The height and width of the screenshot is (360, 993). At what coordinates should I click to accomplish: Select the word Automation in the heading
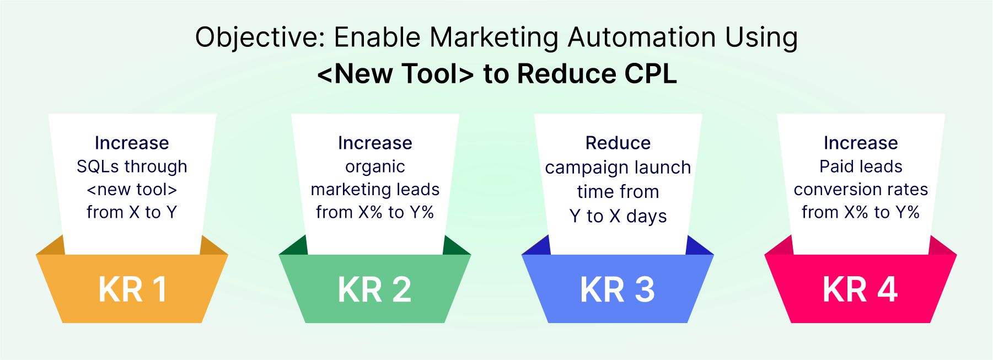641,37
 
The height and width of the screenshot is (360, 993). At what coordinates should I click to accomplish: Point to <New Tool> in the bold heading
395,74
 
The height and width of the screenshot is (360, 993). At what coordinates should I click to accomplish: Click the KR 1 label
132,289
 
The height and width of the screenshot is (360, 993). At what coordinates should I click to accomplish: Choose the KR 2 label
375,289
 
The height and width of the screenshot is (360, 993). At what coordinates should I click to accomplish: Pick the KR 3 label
618,289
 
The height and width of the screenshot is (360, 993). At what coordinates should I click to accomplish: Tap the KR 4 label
860,289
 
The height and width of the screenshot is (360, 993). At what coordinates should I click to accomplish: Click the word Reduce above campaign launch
618,143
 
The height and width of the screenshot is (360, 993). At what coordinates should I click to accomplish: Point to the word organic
375,167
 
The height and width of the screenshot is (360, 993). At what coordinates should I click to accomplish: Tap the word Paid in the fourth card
836,166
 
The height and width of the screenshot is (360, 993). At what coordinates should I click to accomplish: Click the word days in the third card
646,217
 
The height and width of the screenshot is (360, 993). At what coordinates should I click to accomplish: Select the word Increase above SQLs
132,143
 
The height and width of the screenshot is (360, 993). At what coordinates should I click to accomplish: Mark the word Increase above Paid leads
861,143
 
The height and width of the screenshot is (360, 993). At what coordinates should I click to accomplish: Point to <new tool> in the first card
132,190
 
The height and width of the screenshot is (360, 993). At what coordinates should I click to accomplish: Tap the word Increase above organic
375,143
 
